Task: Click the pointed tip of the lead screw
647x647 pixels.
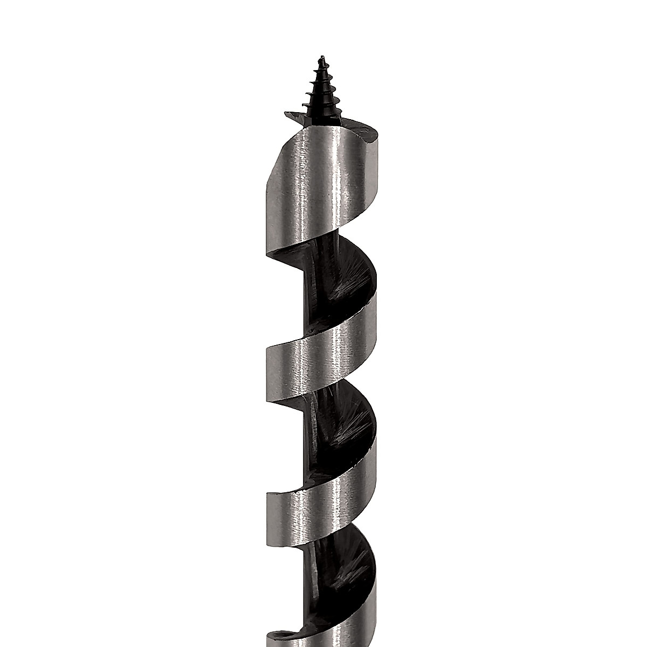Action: [x=321, y=56]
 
